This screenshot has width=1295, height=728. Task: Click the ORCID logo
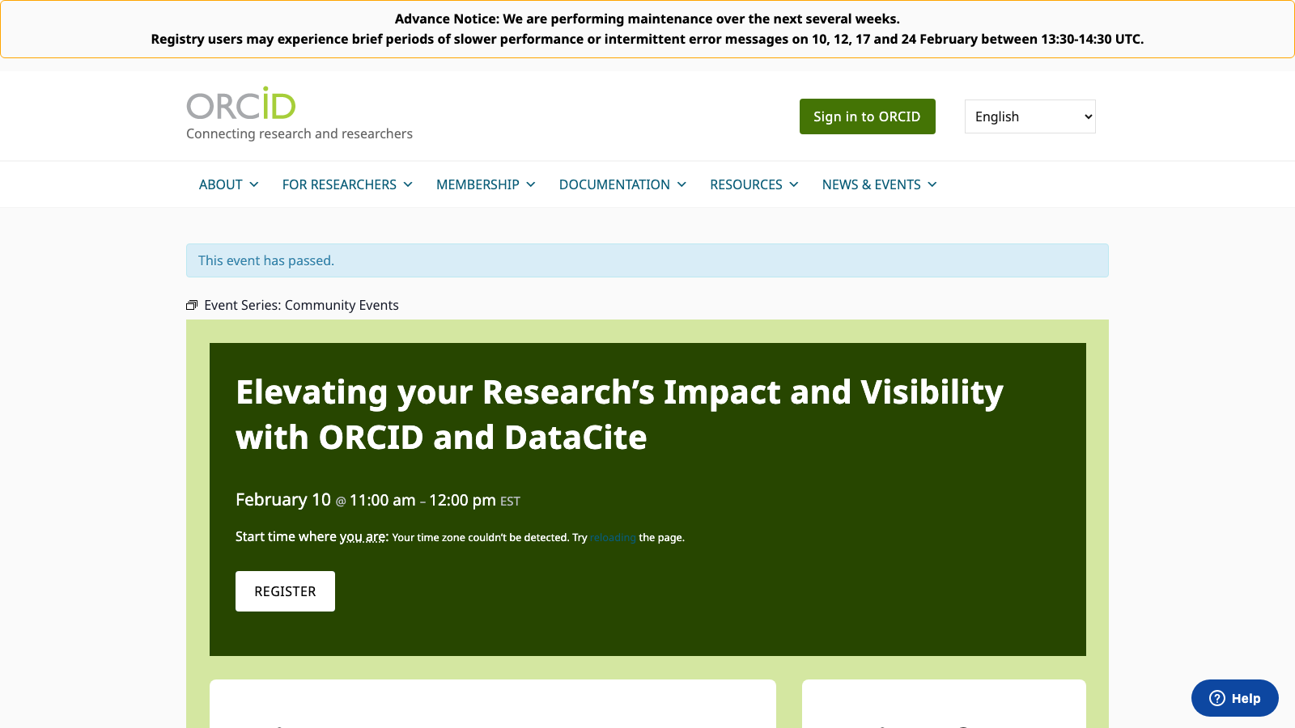click(x=241, y=104)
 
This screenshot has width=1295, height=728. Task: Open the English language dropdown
click(x=1030, y=116)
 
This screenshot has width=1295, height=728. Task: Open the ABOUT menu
click(x=228, y=184)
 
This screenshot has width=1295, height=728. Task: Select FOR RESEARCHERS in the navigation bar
click(x=347, y=184)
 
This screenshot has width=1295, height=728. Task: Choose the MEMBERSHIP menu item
click(x=486, y=184)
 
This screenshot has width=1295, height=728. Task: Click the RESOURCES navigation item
click(x=754, y=184)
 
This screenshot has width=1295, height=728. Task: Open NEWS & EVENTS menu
click(x=879, y=184)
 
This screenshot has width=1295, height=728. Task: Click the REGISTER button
click(x=285, y=591)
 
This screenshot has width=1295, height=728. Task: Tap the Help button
click(x=1234, y=698)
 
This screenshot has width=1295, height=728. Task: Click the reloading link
click(x=613, y=538)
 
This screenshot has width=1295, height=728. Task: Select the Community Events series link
click(x=342, y=305)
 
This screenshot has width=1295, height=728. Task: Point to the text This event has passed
click(x=266, y=260)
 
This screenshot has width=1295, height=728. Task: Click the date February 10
click(x=282, y=500)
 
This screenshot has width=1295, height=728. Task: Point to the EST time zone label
click(x=510, y=502)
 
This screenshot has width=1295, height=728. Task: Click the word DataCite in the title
click(x=575, y=438)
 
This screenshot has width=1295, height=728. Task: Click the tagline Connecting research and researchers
click(x=299, y=133)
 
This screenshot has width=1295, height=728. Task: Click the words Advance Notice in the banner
click(x=446, y=19)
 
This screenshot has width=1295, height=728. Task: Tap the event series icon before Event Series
click(x=192, y=305)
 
